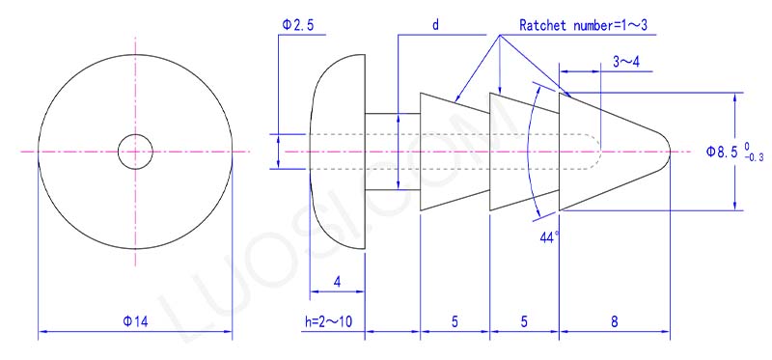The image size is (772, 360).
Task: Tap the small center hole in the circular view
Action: tap(135, 152)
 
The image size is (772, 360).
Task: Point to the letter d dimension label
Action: tap(435, 23)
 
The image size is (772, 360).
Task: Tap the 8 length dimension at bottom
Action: tap(617, 321)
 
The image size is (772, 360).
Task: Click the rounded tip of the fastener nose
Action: tap(664, 152)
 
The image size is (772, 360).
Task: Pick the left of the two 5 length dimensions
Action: tap(455, 321)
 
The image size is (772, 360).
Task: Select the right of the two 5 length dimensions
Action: tap(525, 321)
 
